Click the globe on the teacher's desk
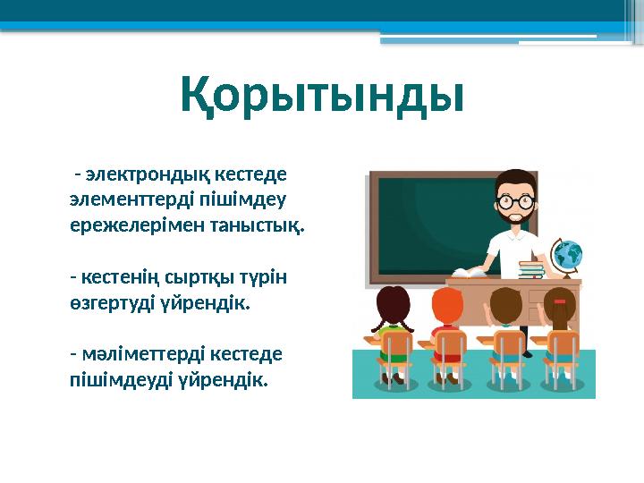[x=566, y=254]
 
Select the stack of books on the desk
[x=531, y=269]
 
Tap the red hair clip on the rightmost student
[x=560, y=301]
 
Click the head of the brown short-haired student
[x=505, y=306]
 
